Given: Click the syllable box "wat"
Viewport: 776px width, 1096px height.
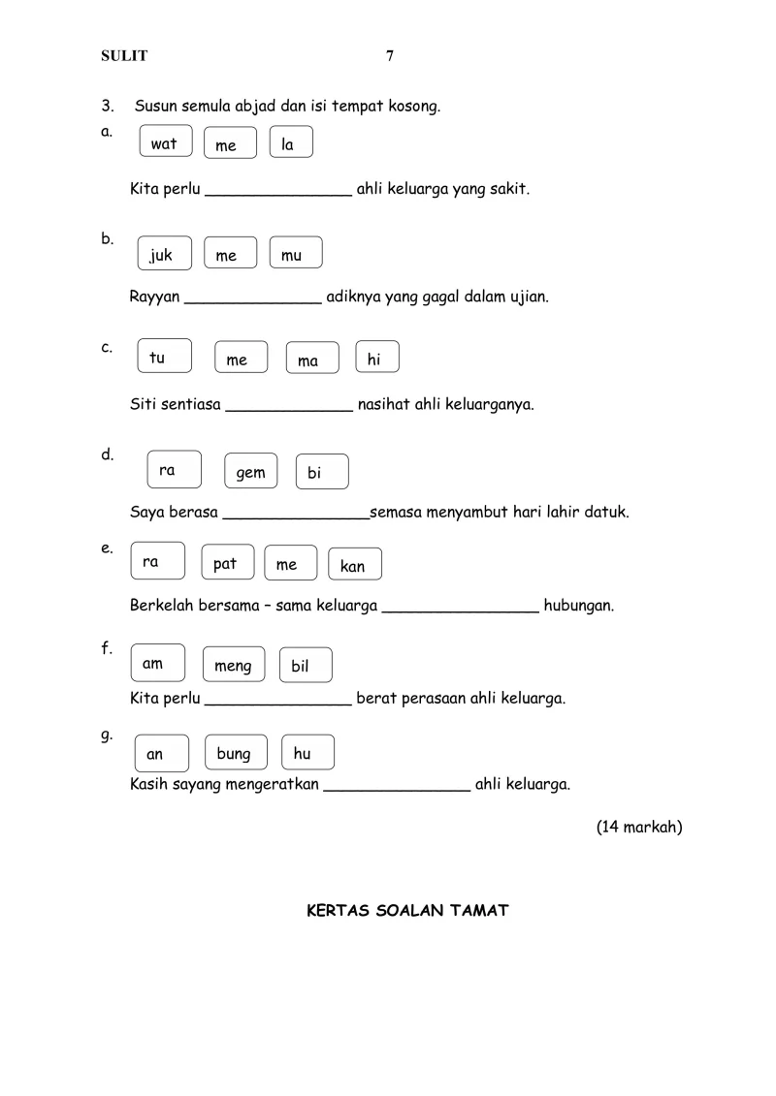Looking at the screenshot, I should coord(166,142).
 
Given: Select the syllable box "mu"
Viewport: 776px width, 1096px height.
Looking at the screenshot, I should coord(295,254).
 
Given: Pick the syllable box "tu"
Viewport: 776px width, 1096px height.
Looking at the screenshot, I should coord(164,357).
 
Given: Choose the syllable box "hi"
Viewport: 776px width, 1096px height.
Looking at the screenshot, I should coord(376,359).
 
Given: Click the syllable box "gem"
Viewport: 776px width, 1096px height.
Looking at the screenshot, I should coord(250,472).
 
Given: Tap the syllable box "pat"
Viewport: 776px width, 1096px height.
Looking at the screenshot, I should coord(227,563).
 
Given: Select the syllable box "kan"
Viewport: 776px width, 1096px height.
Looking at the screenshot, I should coord(354,565).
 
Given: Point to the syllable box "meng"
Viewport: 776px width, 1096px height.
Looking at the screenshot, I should coord(233,665).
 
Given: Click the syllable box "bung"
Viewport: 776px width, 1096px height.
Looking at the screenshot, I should coord(234,753).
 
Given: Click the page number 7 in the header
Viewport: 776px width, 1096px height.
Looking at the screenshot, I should coord(390,56).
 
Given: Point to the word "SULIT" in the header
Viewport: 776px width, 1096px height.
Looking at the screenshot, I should coord(124,56).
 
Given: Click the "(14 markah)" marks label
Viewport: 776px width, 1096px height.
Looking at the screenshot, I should coord(639,827).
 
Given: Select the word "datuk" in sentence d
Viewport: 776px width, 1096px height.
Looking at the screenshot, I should coord(607,512).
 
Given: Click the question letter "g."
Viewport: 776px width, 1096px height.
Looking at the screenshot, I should coord(107,735).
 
